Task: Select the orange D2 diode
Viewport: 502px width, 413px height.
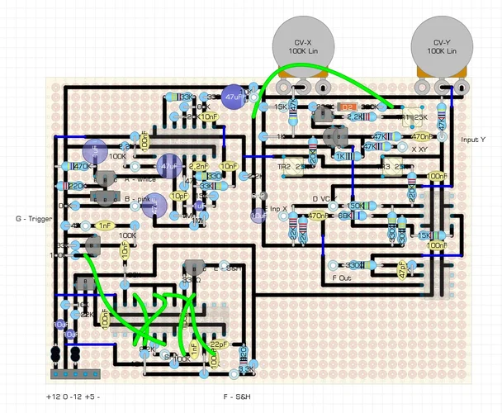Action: tap(348, 107)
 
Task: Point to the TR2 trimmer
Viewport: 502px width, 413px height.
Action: tap(291, 167)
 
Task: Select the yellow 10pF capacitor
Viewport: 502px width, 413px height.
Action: tap(179, 196)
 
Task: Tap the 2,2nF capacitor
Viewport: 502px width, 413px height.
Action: tap(198, 166)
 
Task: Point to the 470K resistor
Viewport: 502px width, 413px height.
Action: tap(82, 166)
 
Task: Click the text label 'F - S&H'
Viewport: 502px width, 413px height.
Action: tap(238, 398)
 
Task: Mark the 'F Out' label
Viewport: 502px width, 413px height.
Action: tap(342, 278)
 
